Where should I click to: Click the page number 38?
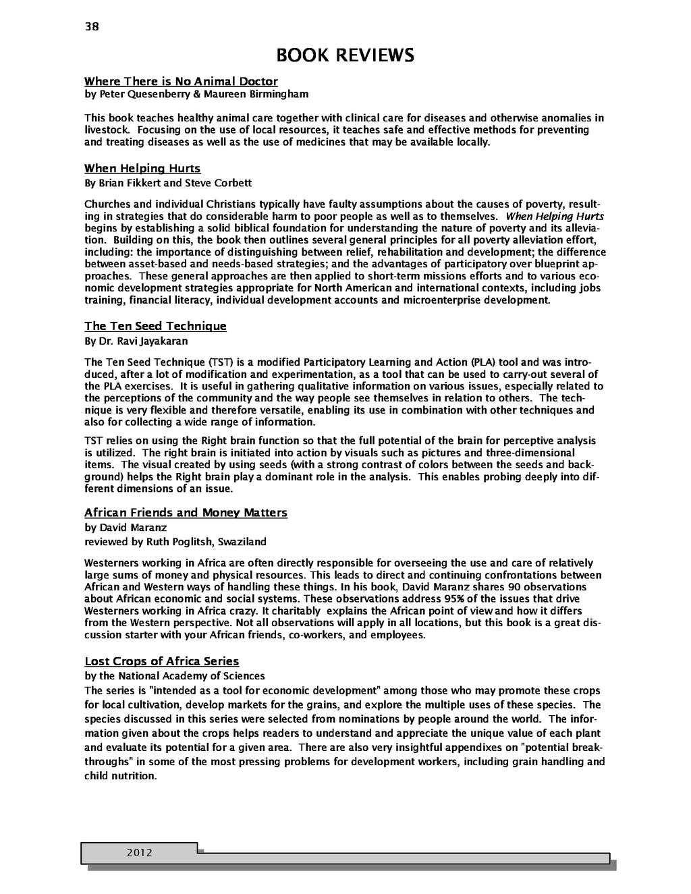click(91, 27)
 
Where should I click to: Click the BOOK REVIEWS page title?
click(345, 55)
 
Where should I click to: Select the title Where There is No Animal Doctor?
click(181, 82)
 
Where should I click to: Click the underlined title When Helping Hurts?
click(142, 168)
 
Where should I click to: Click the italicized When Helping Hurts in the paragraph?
click(555, 216)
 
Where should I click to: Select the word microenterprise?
click(442, 300)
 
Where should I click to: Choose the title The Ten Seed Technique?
click(155, 327)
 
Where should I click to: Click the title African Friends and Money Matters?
click(186, 513)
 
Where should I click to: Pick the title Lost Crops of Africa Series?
click(161, 661)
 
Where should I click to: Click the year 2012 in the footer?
click(139, 853)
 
